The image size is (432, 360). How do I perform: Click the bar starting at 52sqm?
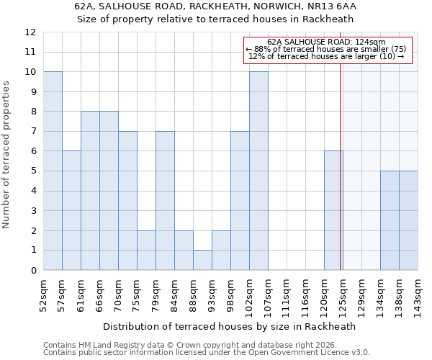(53, 171)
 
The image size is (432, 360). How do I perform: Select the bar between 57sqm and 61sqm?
(71, 211)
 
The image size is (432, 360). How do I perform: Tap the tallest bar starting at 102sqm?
(258, 171)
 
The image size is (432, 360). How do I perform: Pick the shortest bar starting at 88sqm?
(202, 261)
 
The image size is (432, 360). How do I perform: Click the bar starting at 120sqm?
(333, 211)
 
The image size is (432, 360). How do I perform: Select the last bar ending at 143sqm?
(408, 221)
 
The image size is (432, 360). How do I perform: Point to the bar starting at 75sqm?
(146, 251)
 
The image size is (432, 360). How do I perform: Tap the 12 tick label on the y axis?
(30, 32)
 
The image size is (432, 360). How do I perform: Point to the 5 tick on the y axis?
(33, 171)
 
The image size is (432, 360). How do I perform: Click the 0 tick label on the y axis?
(33, 271)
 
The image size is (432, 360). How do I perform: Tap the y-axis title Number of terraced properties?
(6, 155)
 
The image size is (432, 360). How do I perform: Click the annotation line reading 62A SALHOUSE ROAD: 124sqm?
(326, 42)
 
